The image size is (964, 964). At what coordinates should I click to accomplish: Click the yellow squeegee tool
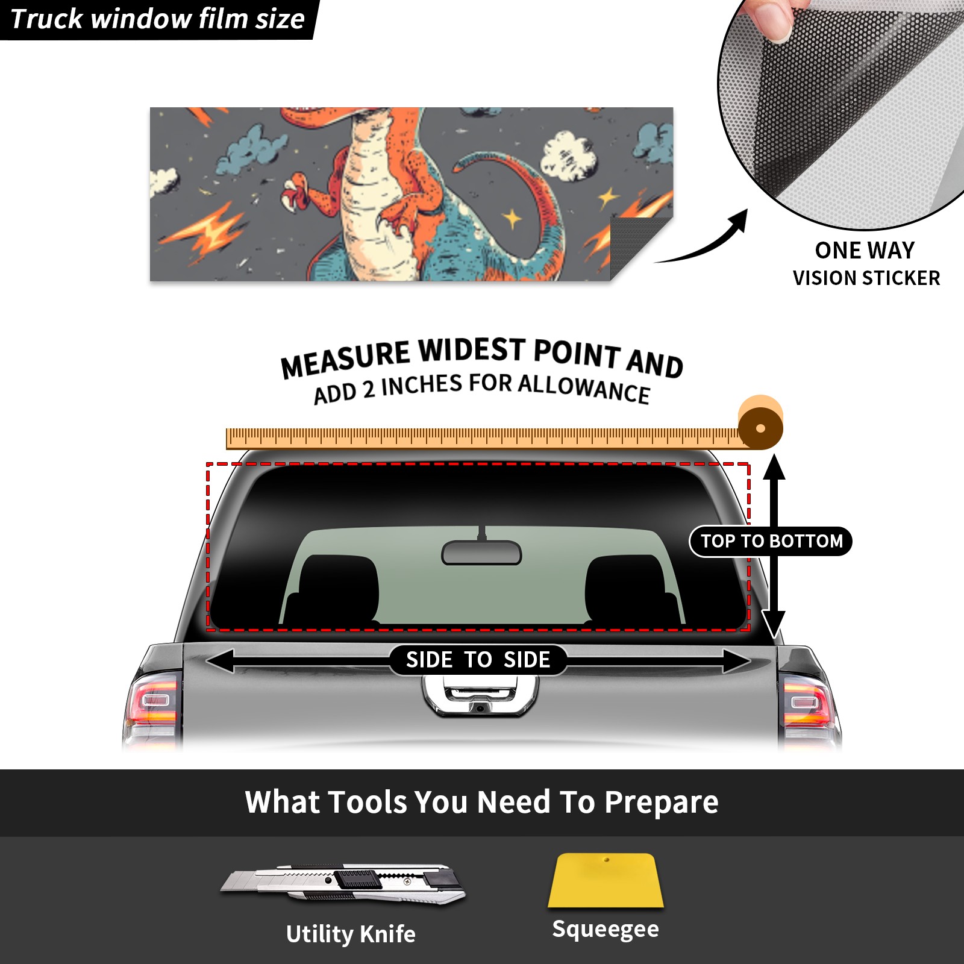606,880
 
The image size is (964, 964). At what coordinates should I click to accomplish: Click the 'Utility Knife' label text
351,934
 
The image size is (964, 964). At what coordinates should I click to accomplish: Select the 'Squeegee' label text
606,929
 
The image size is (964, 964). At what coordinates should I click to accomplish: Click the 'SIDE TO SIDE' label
478,660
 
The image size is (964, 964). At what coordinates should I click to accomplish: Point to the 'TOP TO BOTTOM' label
771,541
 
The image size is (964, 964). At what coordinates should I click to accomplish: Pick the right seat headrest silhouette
631,589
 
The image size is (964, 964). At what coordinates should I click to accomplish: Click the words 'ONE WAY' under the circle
865,250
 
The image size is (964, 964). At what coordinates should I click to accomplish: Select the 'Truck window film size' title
158,19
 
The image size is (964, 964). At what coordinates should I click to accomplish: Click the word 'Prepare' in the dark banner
661,803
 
